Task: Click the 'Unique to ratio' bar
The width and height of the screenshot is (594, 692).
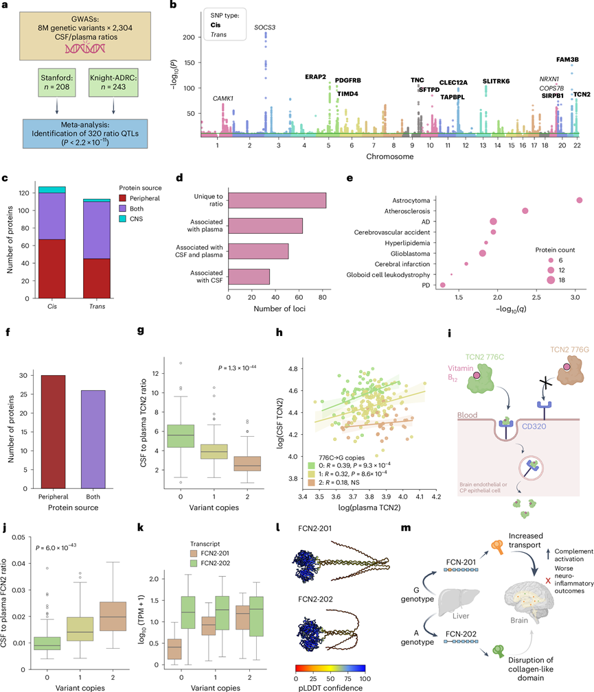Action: tap(277, 200)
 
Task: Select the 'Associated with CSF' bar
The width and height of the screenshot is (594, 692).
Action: tap(249, 276)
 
